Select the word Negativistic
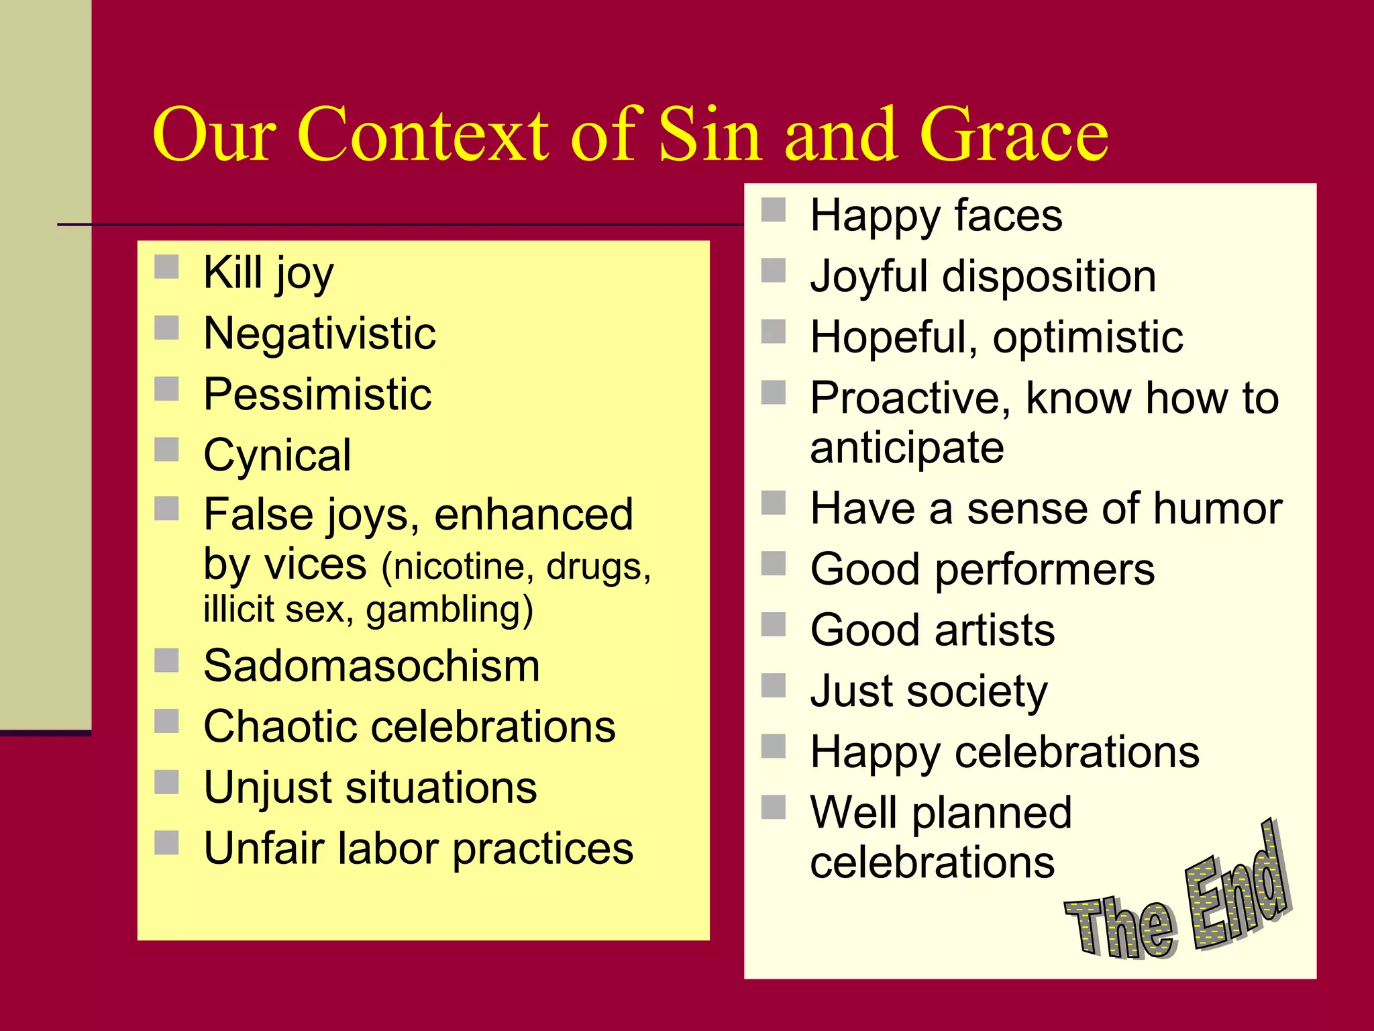(319, 334)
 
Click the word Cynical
(277, 455)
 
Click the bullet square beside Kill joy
(166, 266)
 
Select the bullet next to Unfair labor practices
(166, 842)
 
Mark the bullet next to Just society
(774, 685)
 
